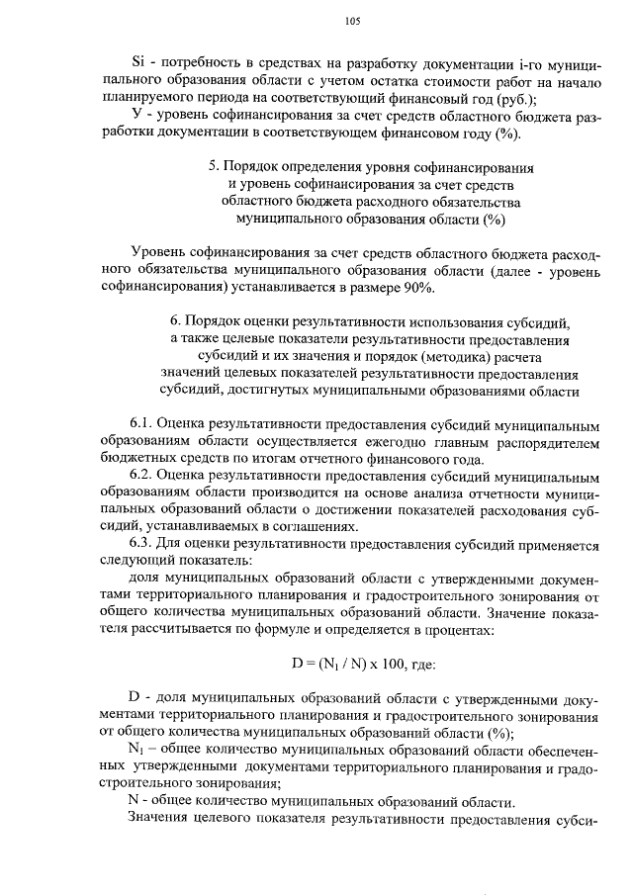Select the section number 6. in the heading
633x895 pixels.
[x=176, y=322]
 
